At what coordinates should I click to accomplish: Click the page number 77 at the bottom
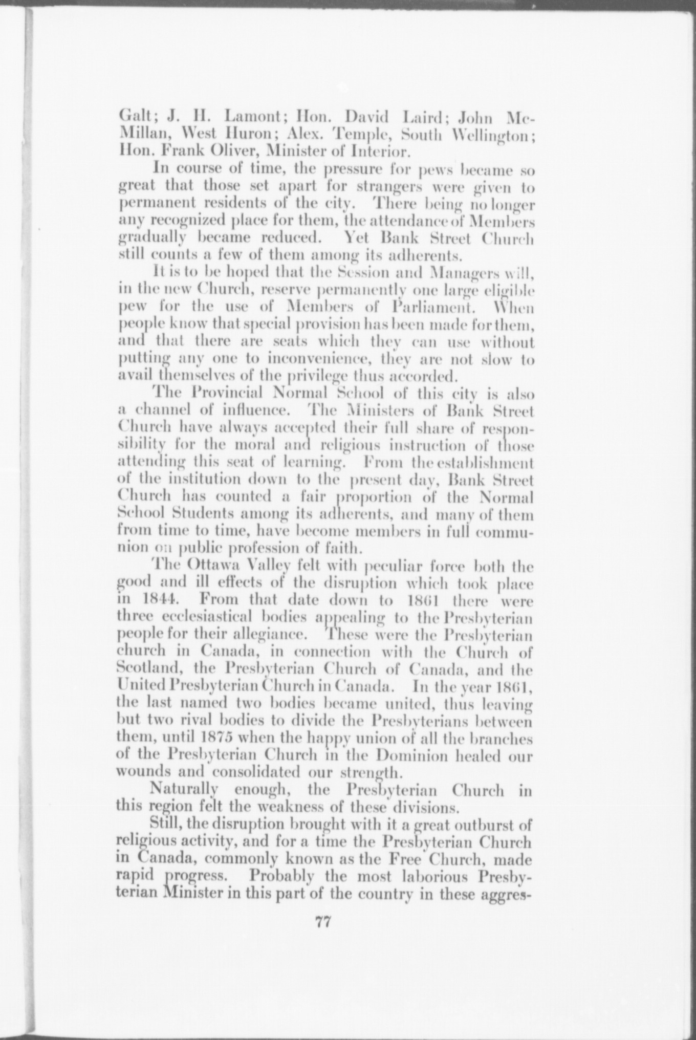pos(323,922)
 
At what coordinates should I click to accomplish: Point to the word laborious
pos(435,876)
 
